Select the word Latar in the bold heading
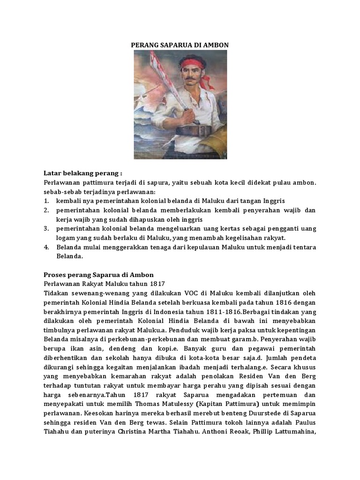pos(52,173)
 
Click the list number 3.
pos(46,228)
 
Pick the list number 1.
pos(46,200)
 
